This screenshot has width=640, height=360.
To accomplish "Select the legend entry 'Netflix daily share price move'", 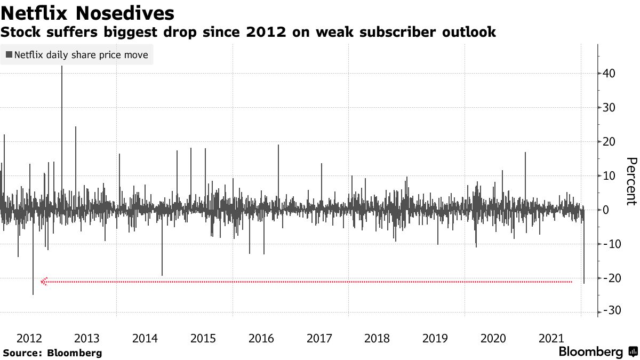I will tap(77, 54).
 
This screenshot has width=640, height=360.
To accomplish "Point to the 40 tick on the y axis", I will tap(609, 74).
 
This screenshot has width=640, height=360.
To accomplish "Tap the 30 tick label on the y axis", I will tap(609, 108).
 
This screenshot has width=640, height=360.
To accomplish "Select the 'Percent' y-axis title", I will tap(631, 181).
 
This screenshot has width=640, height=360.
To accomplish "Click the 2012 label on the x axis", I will tap(29, 338).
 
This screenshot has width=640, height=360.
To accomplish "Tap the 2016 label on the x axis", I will tap(261, 338).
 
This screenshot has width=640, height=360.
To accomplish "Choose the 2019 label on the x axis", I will tap(435, 338).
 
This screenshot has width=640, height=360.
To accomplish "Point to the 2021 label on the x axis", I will tap(551, 338).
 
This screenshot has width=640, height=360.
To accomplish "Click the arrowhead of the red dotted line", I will tap(44, 281).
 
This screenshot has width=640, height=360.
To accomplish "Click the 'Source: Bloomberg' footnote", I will tap(52, 353).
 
